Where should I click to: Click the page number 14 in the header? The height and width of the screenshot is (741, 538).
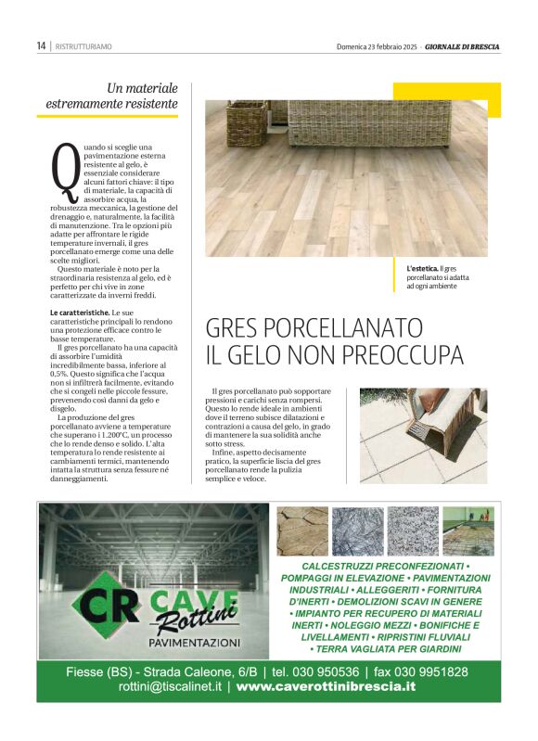click(42, 45)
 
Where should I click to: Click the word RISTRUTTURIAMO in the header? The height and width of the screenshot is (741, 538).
click(83, 46)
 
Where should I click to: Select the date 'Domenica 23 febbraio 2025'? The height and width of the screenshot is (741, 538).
click(378, 46)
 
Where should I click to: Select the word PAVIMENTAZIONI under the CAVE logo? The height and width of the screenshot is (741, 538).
click(195, 642)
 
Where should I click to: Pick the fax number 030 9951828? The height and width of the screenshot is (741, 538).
click(432, 672)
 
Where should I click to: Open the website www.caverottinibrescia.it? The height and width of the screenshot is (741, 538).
click(326, 688)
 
